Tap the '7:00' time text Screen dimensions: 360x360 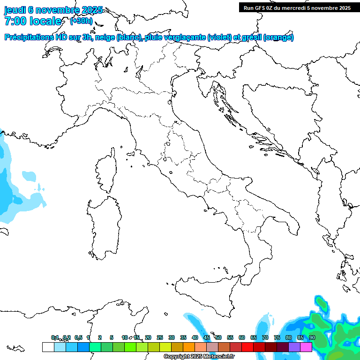[x=17, y=21]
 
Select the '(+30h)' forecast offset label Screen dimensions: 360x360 [x=81, y=21]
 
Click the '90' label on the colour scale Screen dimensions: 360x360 [x=312, y=337]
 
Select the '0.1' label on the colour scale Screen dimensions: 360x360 [x=55, y=337]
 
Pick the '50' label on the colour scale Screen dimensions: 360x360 [x=218, y=337]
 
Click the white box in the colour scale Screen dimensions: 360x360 [x=48, y=347]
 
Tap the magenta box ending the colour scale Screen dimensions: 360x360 [x=306, y=347]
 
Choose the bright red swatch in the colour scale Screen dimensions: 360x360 [x=247, y=347]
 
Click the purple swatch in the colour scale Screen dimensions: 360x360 [x=294, y=347]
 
